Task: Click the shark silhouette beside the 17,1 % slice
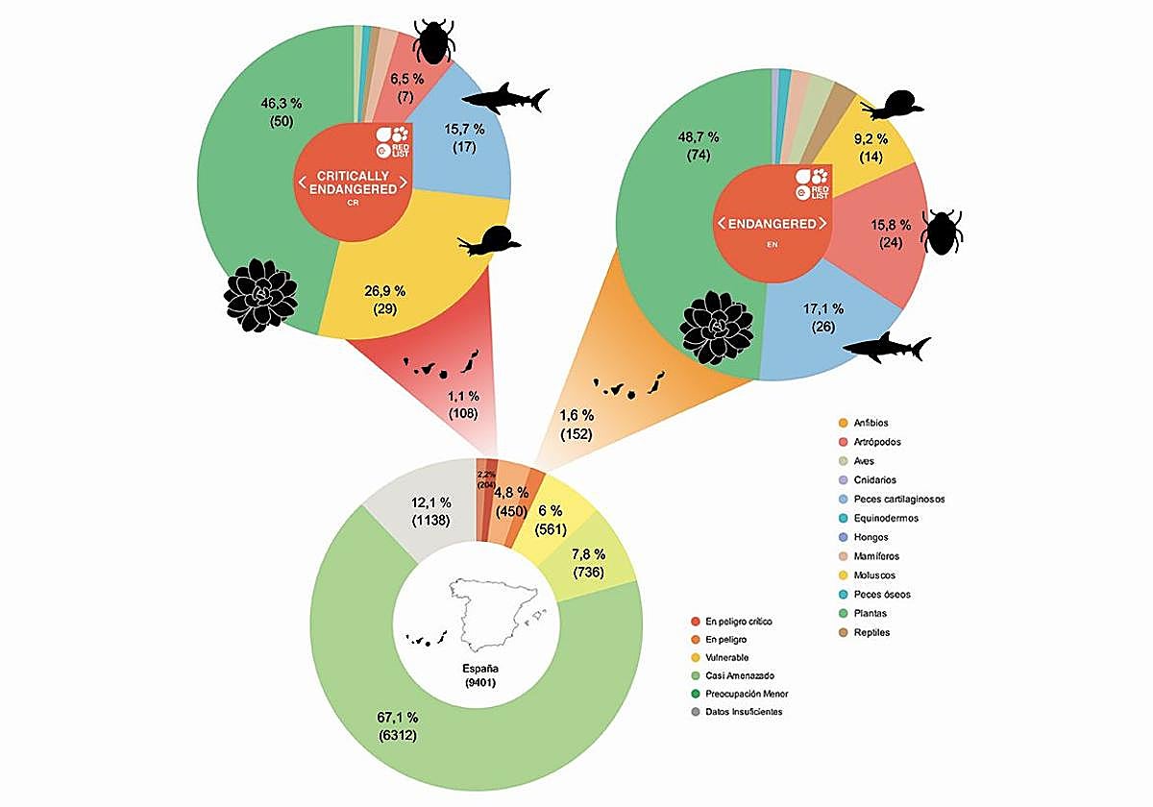click(x=893, y=348)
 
